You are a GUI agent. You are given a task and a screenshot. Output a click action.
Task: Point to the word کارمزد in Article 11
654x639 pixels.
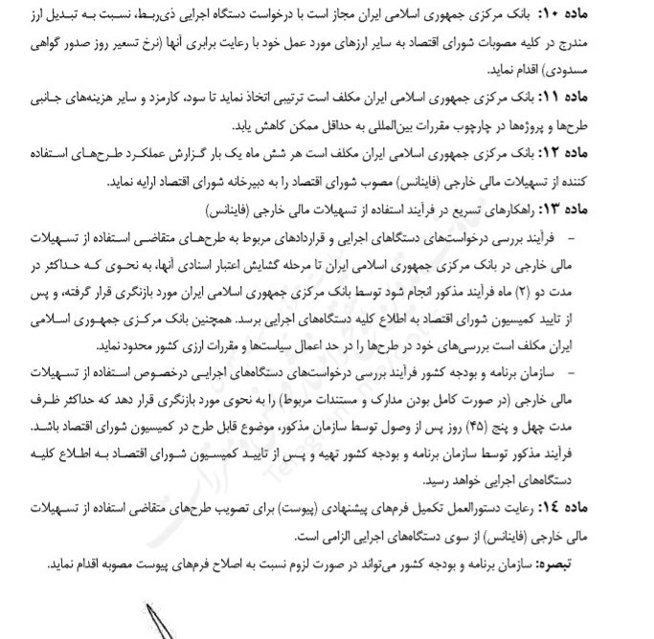[180, 98]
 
